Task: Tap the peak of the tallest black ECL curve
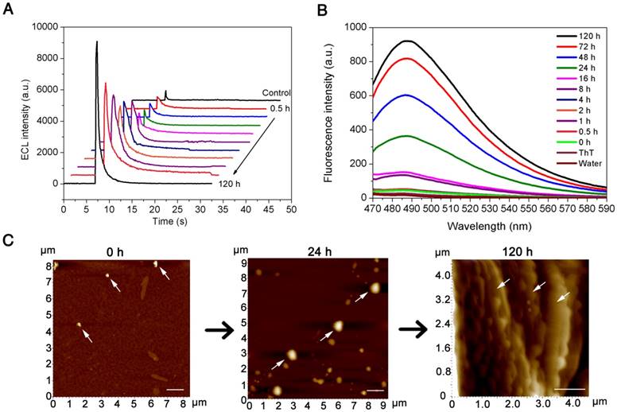click(x=96, y=42)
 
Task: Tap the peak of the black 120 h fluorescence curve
click(x=406, y=41)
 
